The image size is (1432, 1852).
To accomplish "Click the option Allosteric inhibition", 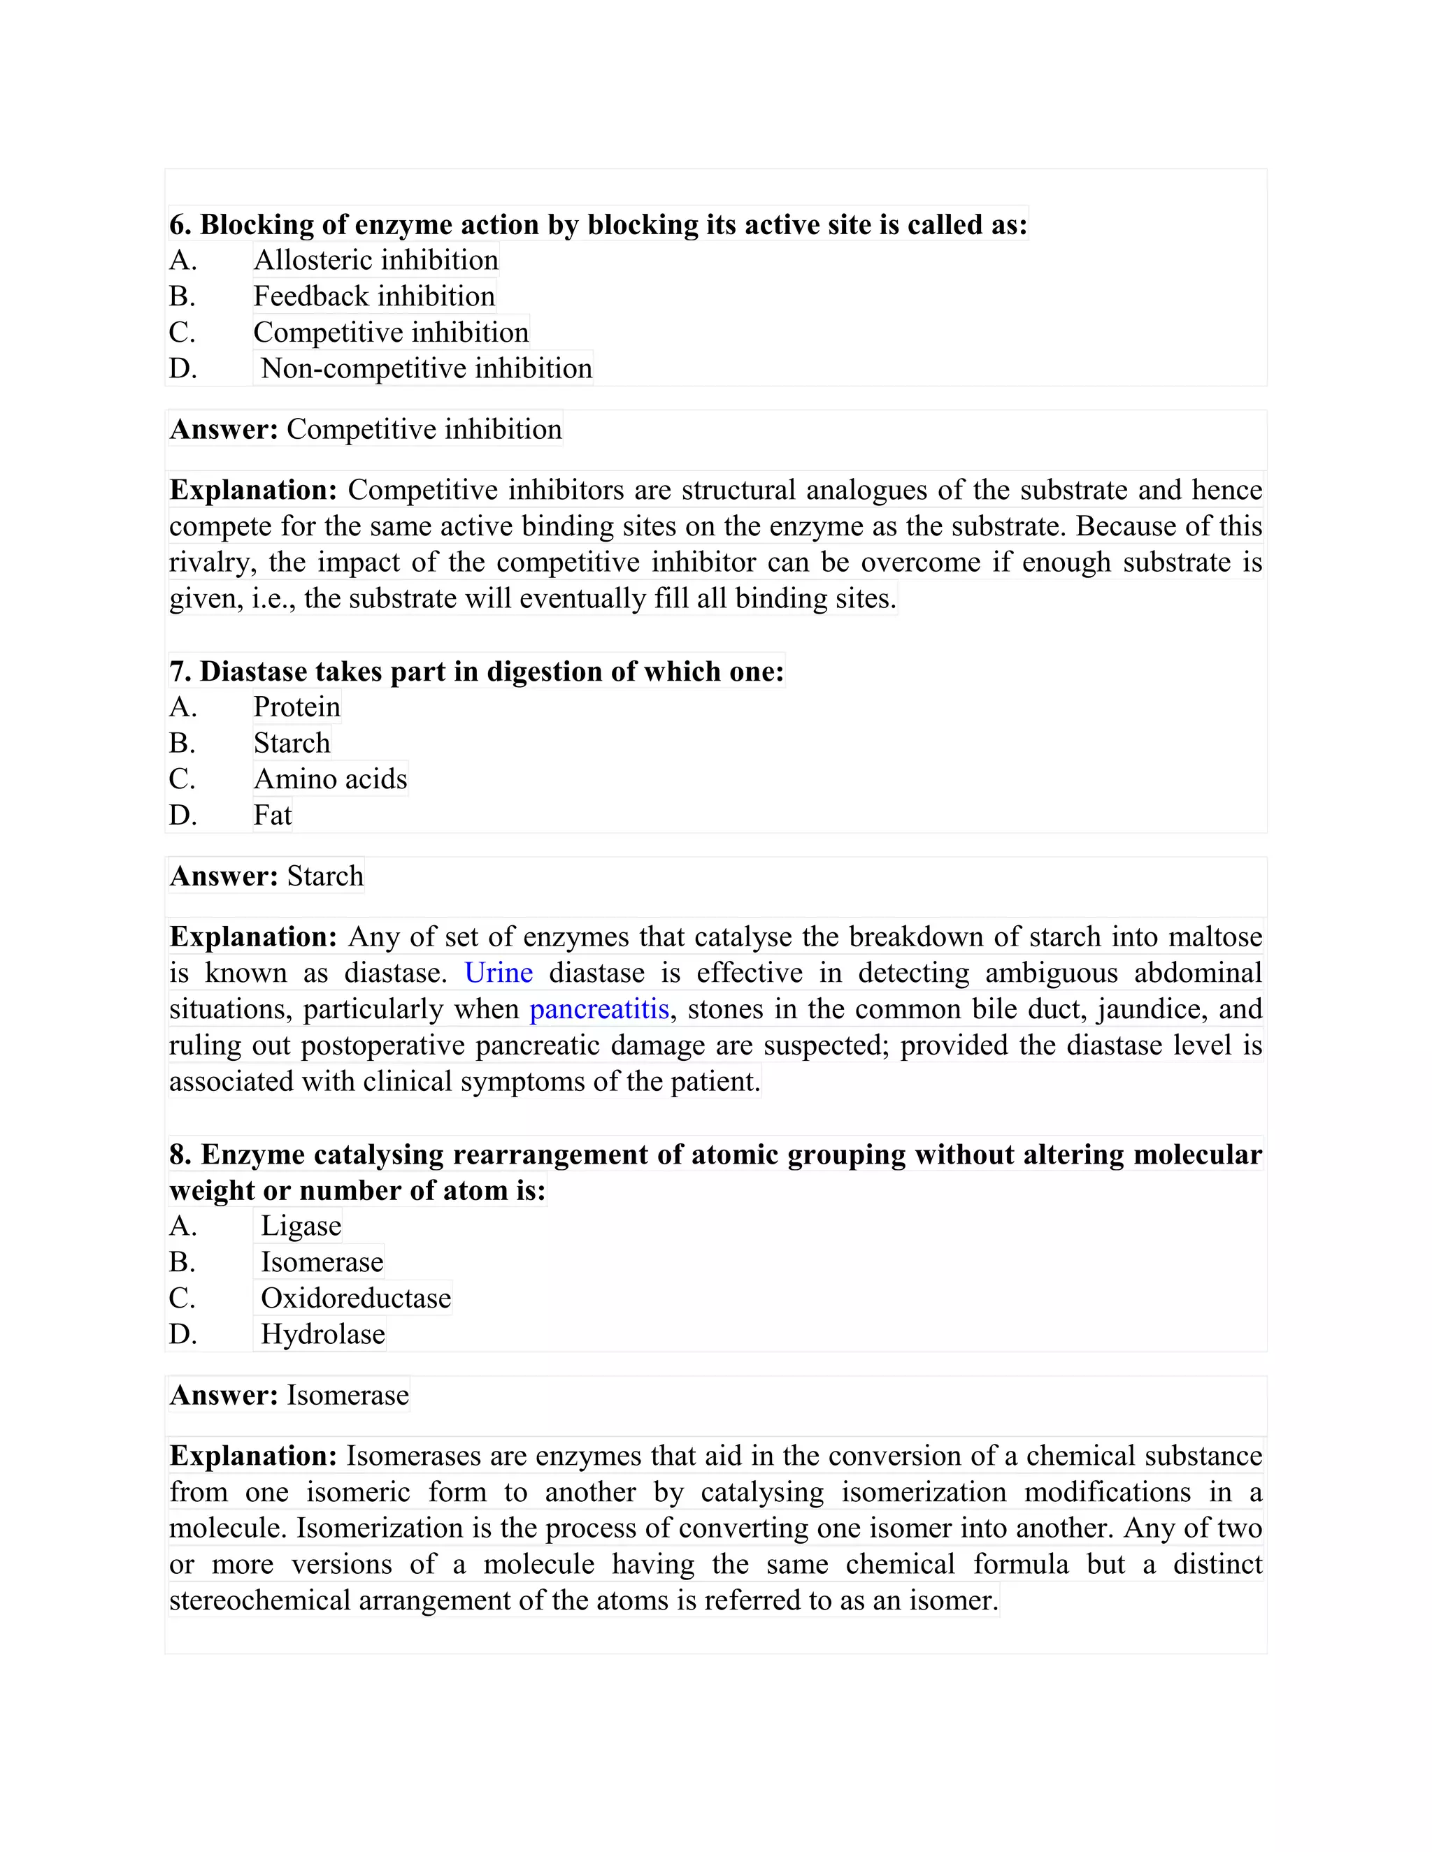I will pyautogui.click(x=375, y=261).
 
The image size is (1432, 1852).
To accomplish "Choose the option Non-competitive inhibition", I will pyautogui.click(x=426, y=369).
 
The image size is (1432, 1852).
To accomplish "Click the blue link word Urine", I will pyautogui.click(x=499, y=973).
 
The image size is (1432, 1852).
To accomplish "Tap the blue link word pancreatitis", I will pyautogui.click(x=599, y=1009).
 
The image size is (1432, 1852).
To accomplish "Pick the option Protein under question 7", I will pyautogui.click(x=297, y=707).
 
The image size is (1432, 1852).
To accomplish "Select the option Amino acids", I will pyautogui.click(x=331, y=779).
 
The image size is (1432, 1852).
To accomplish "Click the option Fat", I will pyautogui.click(x=272, y=816).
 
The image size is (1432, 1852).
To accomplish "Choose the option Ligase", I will pyautogui.click(x=301, y=1227).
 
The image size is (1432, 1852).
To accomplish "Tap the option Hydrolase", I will pyautogui.click(x=322, y=1335).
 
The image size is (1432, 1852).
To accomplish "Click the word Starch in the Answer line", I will pyautogui.click(x=325, y=876).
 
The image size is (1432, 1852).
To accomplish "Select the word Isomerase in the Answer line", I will pyautogui.click(x=348, y=1395).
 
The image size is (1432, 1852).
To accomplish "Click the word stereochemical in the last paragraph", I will pyautogui.click(x=259, y=1600).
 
